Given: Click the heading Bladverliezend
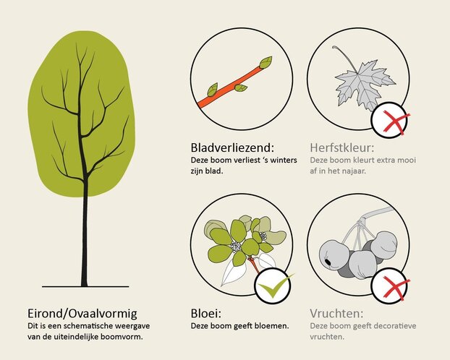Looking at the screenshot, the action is pyautogui.click(x=232, y=147).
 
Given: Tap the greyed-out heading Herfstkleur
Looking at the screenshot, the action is pyautogui.click(x=342, y=147).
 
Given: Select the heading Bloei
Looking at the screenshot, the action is pyautogui.click(x=206, y=313).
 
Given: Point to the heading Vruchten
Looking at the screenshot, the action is pyautogui.click(x=336, y=313).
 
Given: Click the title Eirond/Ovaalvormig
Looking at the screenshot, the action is pyautogui.click(x=82, y=314).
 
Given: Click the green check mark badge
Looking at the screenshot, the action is pyautogui.click(x=273, y=286).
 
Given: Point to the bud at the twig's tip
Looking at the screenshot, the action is pyautogui.click(x=266, y=62).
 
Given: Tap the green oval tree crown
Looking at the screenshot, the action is pyautogui.click(x=82, y=113).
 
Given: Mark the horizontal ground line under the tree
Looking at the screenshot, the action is pyautogui.click(x=85, y=286).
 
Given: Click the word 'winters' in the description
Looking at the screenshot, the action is pyautogui.click(x=284, y=160).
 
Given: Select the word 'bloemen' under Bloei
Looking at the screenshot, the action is pyautogui.click(x=274, y=326).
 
